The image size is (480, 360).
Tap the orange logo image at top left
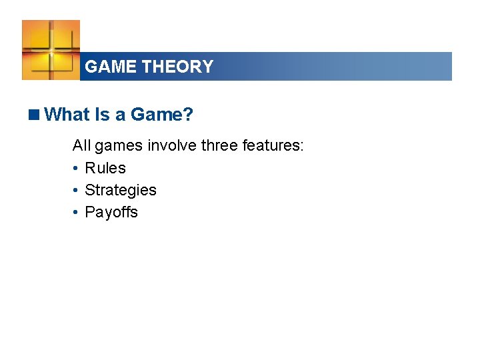pyautogui.click(x=51, y=50)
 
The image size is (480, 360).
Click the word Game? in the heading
pyautogui.click(x=161, y=115)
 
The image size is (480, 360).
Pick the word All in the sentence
pyautogui.click(x=81, y=145)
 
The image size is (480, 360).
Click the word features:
pyautogui.click(x=273, y=145)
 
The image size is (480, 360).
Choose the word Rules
pyautogui.click(x=105, y=168)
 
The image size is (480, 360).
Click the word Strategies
pyautogui.click(x=121, y=190)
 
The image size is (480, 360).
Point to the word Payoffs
pyautogui.click(x=111, y=212)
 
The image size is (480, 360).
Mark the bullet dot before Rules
pyautogui.click(x=77, y=169)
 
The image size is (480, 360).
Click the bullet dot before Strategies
pyautogui.click(x=77, y=191)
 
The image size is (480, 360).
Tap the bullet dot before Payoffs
pyautogui.click(x=77, y=213)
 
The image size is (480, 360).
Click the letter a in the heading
pyautogui.click(x=120, y=115)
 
